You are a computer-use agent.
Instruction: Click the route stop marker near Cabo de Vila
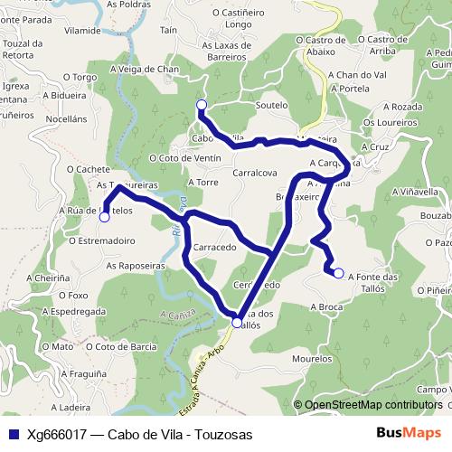tap(201, 105)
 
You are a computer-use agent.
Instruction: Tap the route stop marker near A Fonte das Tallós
tap(338, 272)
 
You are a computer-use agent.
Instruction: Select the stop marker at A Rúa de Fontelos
tap(105, 217)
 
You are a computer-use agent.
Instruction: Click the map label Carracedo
tap(215, 246)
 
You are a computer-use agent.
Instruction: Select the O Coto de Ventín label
tap(185, 158)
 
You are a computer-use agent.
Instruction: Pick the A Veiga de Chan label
tap(144, 69)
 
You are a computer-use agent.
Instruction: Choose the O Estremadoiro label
tap(102, 240)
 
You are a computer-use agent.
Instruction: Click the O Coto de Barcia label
tap(120, 345)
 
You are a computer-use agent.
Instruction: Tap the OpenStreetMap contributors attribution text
tap(372, 405)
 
